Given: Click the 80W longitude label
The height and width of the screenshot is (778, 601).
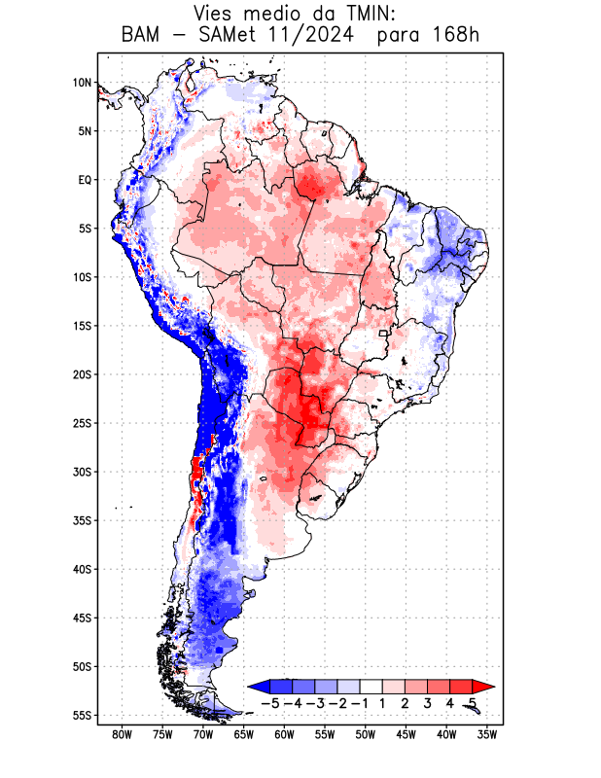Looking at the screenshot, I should click(122, 734).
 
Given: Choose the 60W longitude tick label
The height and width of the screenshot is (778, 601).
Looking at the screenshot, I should click(284, 734).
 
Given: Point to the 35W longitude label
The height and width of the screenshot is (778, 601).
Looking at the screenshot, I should click(487, 734).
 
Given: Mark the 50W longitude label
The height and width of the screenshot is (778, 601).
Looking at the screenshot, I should click(366, 734).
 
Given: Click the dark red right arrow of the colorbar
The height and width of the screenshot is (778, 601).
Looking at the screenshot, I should click(477, 686).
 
